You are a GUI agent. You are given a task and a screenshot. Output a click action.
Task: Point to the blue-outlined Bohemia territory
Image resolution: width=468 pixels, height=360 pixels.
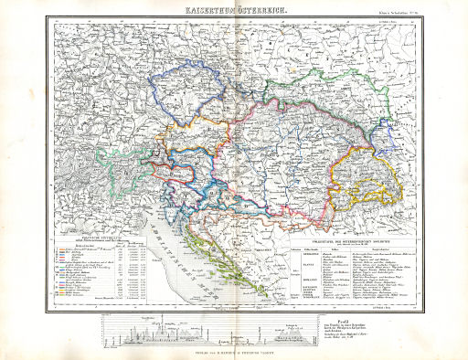187,92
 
